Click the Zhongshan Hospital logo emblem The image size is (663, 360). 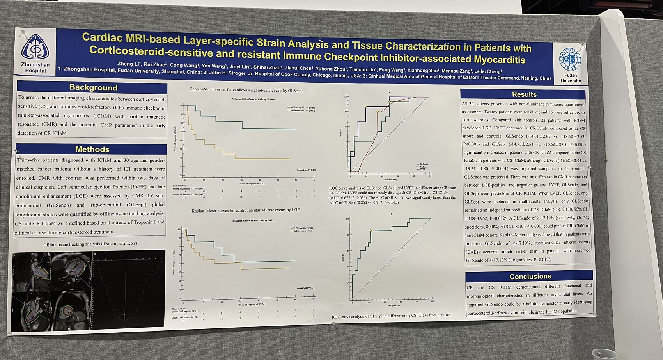(35, 47)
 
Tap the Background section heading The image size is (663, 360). (93, 87)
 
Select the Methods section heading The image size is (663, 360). (92, 149)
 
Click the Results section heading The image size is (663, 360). (524, 94)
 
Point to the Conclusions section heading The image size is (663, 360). (530, 277)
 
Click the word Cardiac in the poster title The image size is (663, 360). (102, 37)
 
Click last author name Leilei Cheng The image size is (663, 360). (488, 71)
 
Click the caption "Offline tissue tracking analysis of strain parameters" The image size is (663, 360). (90, 244)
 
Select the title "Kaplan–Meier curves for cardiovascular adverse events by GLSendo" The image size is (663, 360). (246, 90)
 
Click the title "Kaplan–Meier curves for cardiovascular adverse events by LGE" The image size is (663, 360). (246, 210)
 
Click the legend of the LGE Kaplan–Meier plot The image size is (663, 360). (303, 229)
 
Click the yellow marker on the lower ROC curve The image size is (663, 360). (371, 231)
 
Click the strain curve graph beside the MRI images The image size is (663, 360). (129, 288)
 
